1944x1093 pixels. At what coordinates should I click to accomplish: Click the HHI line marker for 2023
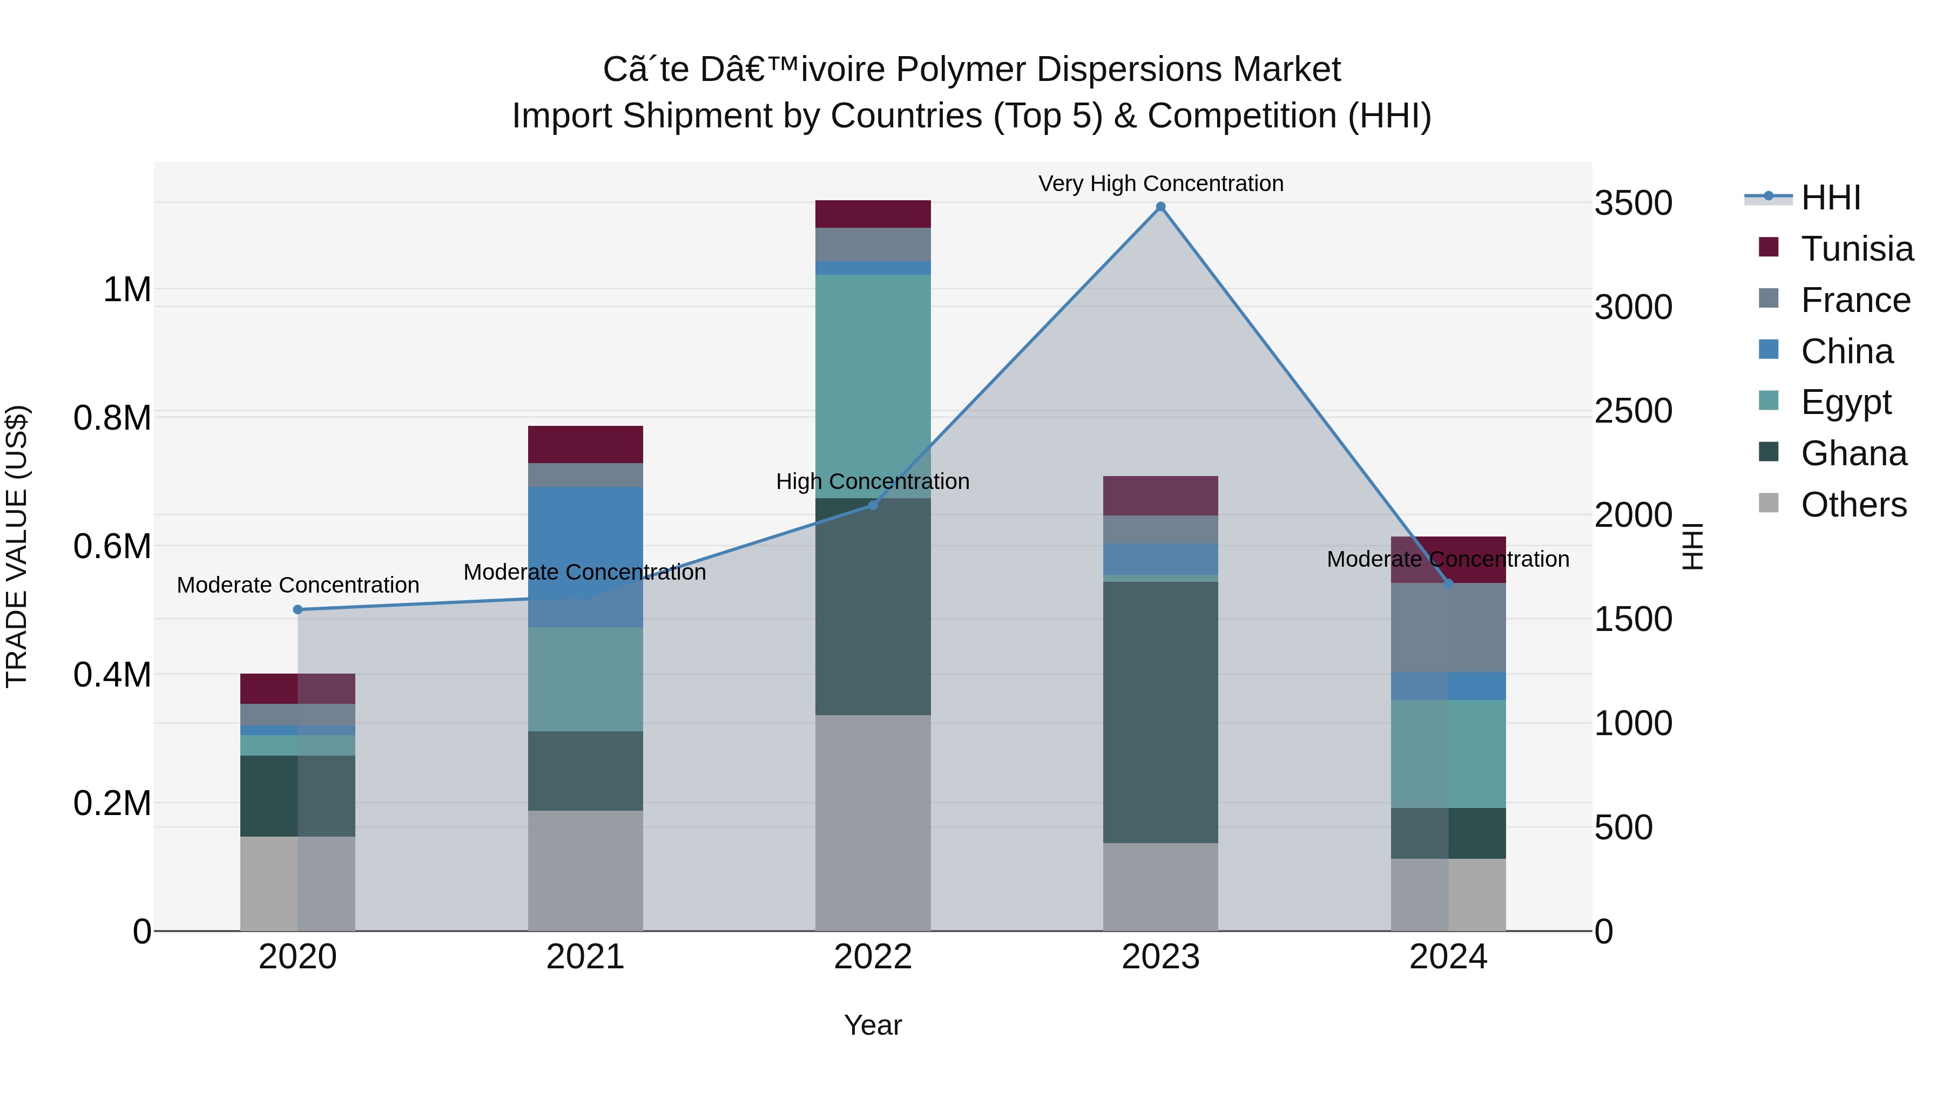pos(1160,207)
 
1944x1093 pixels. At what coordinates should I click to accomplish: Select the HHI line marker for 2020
pos(298,609)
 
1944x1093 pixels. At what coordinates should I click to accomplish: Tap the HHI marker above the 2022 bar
pos(873,505)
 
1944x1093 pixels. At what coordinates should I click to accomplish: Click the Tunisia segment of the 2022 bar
pos(873,214)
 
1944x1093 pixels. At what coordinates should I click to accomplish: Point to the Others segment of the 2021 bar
pos(585,871)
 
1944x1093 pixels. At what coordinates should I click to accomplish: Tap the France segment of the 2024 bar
pos(1448,628)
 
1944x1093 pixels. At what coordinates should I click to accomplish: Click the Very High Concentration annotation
pos(1160,184)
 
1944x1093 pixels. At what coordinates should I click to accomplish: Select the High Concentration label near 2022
pos(873,481)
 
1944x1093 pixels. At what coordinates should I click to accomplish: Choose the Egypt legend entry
pos(1845,402)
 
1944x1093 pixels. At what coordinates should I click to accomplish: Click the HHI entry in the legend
pos(1830,198)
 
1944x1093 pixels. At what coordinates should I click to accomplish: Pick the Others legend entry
pos(1853,505)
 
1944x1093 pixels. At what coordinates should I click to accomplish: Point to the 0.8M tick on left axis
pos(112,418)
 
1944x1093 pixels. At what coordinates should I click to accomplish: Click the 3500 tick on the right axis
pos(1633,203)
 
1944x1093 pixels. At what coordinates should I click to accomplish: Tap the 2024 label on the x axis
pos(1448,957)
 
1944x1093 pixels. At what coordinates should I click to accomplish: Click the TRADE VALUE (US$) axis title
pos(17,546)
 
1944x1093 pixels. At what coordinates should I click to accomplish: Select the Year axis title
pos(873,1025)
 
